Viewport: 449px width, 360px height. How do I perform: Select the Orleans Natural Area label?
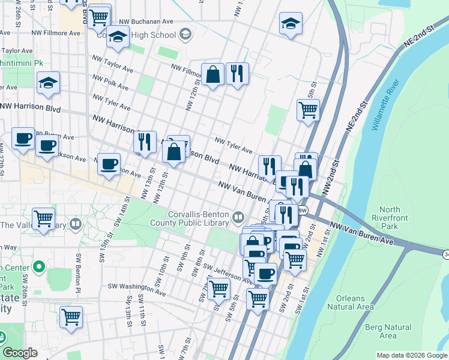(350, 302)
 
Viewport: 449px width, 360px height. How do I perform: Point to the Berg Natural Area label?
(388, 331)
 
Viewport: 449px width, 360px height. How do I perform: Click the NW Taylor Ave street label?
(112, 65)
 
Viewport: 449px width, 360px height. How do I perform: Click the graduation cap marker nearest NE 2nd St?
(291, 24)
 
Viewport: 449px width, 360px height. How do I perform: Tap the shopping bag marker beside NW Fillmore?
(212, 75)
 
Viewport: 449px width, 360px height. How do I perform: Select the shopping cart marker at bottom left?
(71, 316)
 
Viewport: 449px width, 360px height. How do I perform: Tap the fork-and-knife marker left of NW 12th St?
(144, 142)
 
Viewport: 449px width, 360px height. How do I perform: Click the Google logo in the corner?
(20, 353)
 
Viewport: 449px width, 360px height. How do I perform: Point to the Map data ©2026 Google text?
(412, 355)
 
